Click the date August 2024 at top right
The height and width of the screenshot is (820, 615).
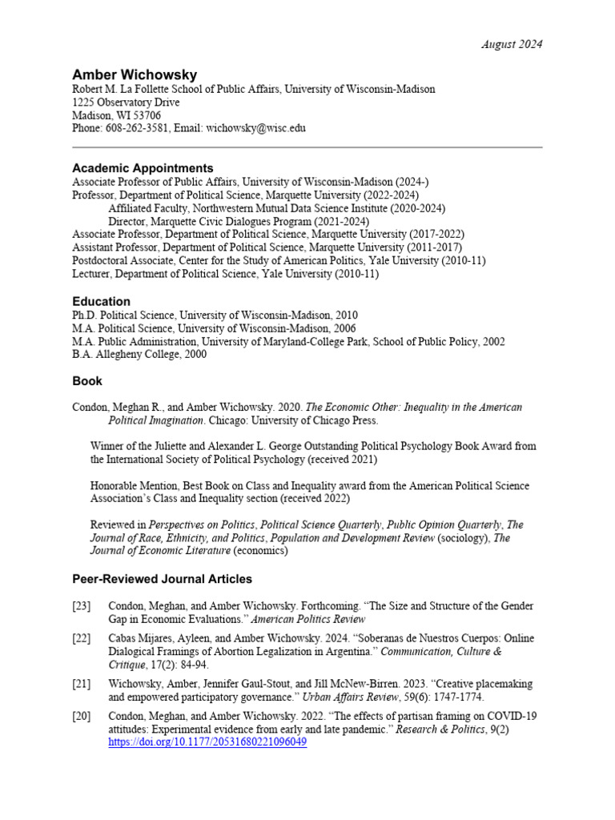pyautogui.click(x=512, y=44)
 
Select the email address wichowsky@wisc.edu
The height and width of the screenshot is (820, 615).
pyautogui.click(x=255, y=128)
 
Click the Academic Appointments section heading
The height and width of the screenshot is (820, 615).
pyautogui.click(x=143, y=168)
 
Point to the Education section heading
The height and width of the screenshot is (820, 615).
pyautogui.click(x=101, y=301)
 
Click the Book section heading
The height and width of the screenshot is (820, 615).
pyautogui.click(x=87, y=380)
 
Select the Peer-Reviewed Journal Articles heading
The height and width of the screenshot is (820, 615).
pyautogui.click(x=162, y=578)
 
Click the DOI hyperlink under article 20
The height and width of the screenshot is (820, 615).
pyautogui.click(x=207, y=742)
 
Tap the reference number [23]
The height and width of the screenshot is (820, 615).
pyautogui.click(x=81, y=606)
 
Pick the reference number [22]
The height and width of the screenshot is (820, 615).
pyautogui.click(x=81, y=639)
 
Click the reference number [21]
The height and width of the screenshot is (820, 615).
pyautogui.click(x=81, y=685)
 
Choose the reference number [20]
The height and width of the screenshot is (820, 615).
pyautogui.click(x=81, y=716)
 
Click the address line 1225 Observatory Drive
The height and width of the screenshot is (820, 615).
pyautogui.click(x=126, y=102)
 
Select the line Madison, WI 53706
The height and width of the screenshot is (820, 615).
pyautogui.click(x=116, y=115)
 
